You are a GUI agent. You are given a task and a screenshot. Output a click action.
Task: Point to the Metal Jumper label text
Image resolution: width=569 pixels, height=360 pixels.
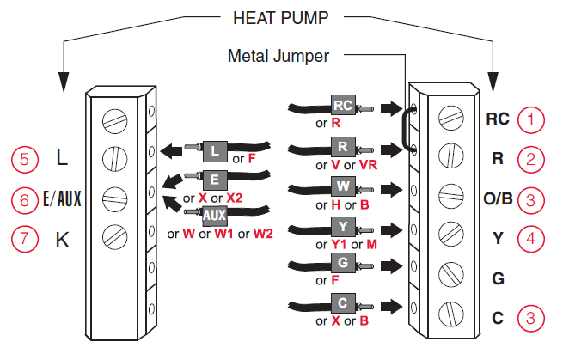[x=278, y=56]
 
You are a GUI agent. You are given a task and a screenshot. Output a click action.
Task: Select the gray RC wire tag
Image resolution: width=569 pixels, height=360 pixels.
[x=342, y=106]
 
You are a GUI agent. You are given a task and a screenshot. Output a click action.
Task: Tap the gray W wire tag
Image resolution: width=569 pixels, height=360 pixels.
[x=342, y=186]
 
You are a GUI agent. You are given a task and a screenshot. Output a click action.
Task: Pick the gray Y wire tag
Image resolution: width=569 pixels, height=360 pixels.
[x=342, y=226]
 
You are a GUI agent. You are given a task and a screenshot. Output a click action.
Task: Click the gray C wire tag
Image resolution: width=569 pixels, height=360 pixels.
[x=342, y=304]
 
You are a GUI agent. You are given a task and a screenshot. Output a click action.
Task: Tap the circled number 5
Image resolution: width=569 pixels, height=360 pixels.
[x=25, y=159]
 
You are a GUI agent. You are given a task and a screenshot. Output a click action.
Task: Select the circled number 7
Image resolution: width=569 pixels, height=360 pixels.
[x=25, y=239]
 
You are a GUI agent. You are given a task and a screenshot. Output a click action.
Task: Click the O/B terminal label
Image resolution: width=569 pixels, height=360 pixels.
[x=499, y=198]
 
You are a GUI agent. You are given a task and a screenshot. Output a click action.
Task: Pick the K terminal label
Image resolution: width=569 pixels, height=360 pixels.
[x=62, y=240]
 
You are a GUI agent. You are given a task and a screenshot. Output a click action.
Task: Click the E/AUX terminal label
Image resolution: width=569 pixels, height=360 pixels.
[x=61, y=199]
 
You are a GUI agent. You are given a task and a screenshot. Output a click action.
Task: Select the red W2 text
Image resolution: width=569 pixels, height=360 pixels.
[x=264, y=234]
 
